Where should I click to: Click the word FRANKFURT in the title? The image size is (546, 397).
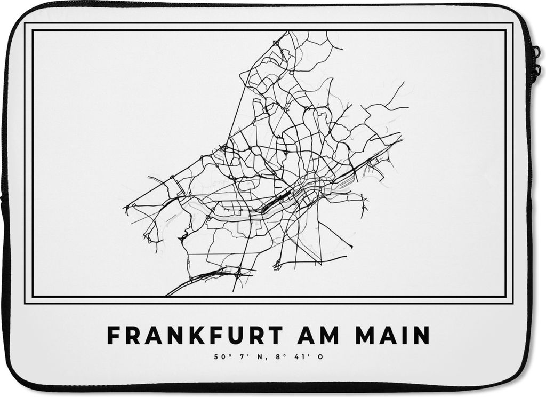point(195,336)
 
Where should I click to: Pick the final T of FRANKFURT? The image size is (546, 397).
point(275,336)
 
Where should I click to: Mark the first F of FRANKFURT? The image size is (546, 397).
point(113,336)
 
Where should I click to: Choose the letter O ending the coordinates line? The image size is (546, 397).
point(320,356)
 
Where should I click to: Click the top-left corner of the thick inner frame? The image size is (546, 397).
point(33,30)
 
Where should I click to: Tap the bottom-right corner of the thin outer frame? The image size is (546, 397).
point(512,303)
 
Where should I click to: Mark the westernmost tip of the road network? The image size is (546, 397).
point(124,207)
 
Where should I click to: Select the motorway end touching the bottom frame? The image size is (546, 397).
point(167,295)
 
